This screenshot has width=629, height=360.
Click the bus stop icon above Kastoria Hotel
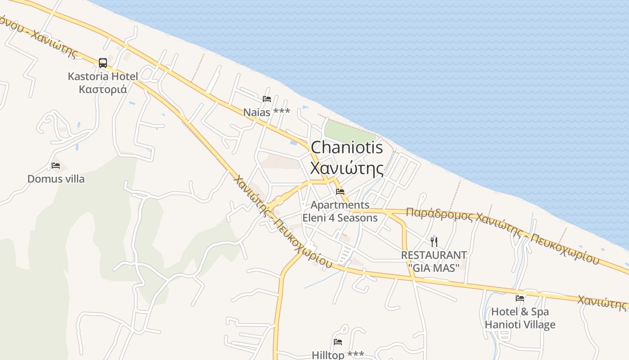[103, 63]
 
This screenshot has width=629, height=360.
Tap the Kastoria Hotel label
[103, 76]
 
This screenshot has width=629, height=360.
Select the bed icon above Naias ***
[267, 99]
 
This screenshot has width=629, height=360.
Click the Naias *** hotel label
[267, 112]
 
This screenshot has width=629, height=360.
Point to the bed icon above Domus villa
[56, 166]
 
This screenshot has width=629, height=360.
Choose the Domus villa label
[56, 179]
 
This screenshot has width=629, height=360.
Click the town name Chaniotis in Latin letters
[347, 148]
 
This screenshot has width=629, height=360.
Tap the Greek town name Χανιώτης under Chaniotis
[347, 169]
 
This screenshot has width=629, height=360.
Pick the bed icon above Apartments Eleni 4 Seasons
[340, 192]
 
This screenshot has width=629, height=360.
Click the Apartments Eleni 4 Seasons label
[340, 211]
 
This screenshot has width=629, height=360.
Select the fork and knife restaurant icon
[434, 242]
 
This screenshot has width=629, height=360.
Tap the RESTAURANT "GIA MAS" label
[434, 261]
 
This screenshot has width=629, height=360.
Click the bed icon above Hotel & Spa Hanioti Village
[520, 298]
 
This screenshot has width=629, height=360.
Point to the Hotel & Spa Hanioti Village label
[520, 318]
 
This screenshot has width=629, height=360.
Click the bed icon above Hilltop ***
[338, 342]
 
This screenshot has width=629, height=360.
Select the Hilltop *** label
[338, 355]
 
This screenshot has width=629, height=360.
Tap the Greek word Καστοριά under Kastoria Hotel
[103, 90]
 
